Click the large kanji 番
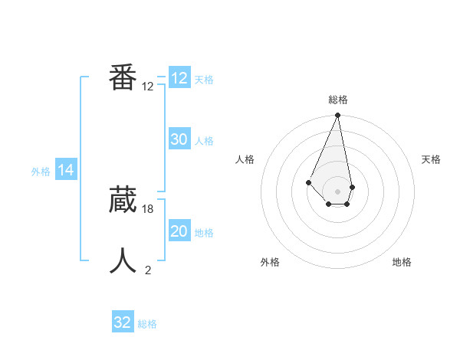(x=123, y=77)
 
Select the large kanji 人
(x=123, y=261)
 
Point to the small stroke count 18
(x=148, y=208)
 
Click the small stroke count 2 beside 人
(x=148, y=270)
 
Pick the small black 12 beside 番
(x=148, y=87)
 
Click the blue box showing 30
(x=179, y=139)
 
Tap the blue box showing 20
(x=179, y=231)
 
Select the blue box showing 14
(x=66, y=171)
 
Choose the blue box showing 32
(x=122, y=322)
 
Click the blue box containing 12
(x=179, y=78)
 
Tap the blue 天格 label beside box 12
(x=204, y=80)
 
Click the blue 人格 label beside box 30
(x=204, y=141)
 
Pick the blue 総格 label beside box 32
(x=147, y=324)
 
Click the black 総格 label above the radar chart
(x=337, y=100)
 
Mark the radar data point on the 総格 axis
(x=337, y=116)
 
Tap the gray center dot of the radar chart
(x=337, y=191)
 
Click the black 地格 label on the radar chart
(x=402, y=262)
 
